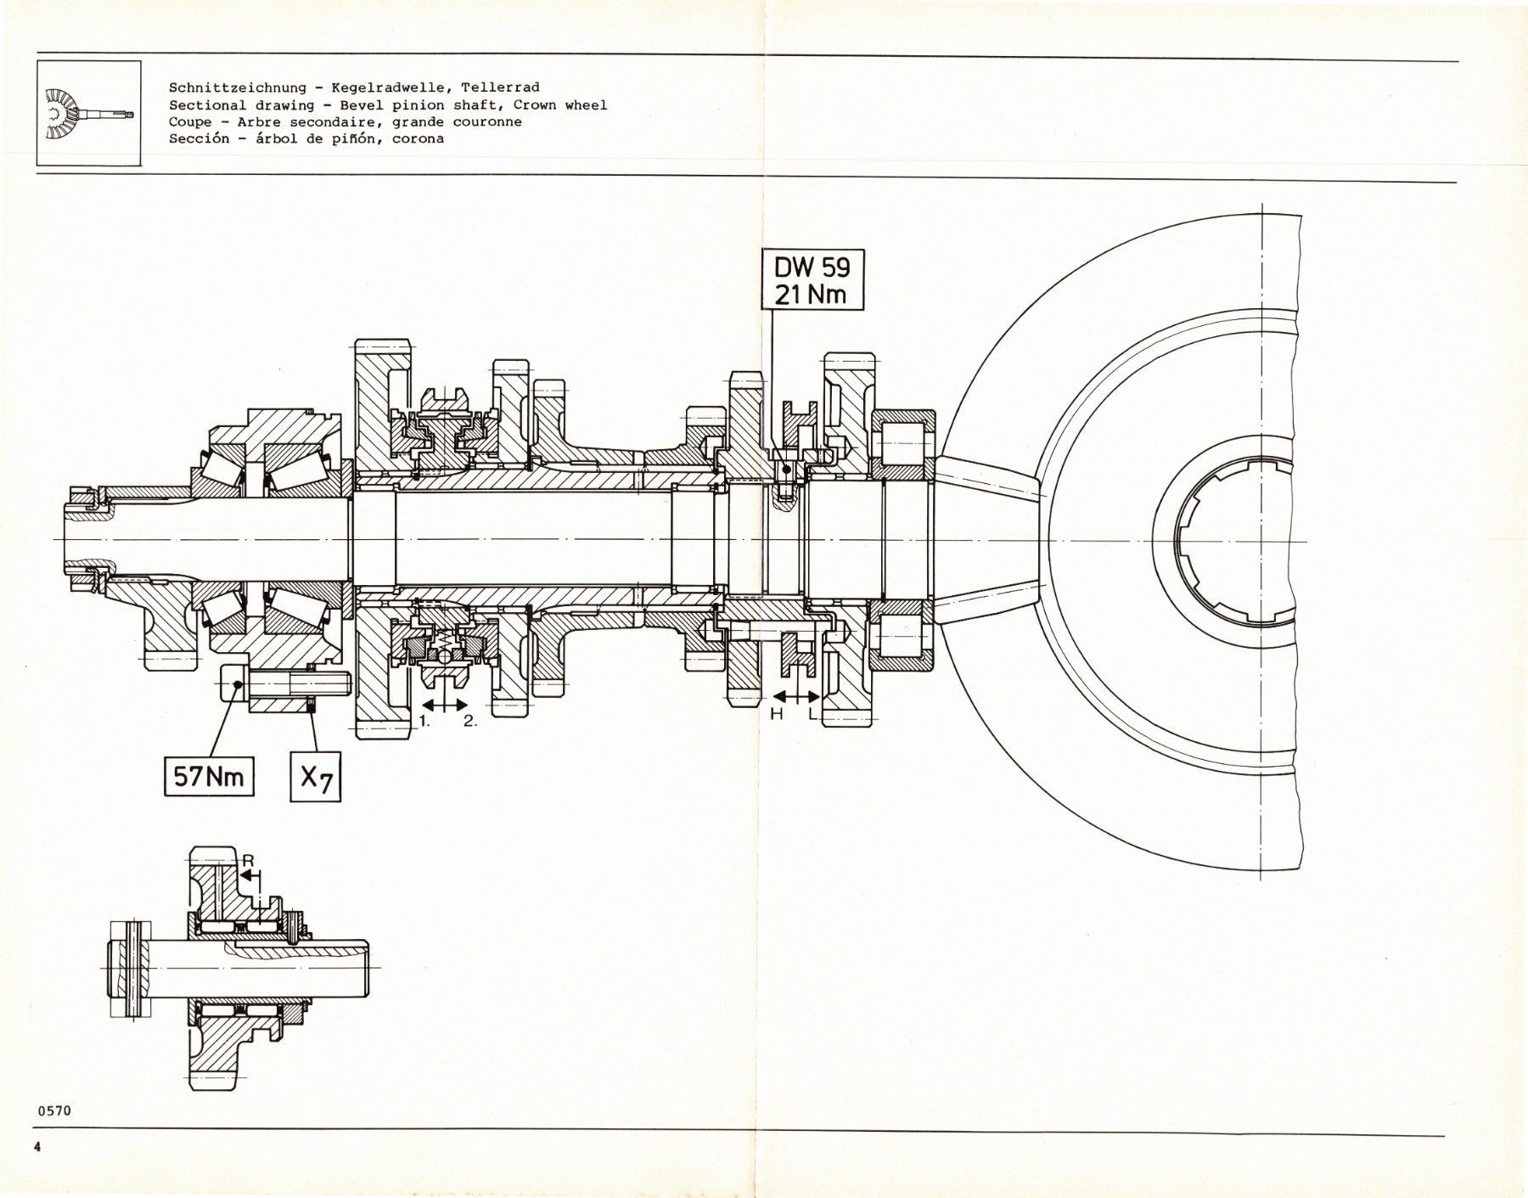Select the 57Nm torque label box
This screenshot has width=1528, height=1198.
coord(209,776)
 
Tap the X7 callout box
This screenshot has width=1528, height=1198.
coord(315,777)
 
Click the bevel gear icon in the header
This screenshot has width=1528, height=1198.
coord(88,113)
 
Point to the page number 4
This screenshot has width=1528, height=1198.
coord(37,1148)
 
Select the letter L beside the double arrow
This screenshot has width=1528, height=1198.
coord(813,714)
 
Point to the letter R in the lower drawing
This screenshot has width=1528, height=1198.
coord(248,860)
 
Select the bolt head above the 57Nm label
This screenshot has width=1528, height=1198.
coord(233,683)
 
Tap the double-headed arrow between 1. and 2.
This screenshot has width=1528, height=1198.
coord(446,705)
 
